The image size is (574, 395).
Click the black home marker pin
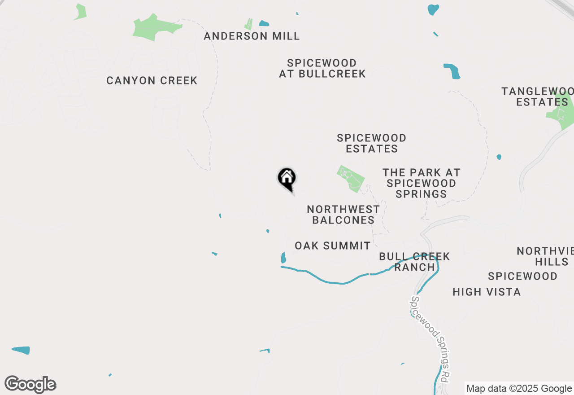click(287, 179)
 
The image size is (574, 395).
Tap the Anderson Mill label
click(252, 36)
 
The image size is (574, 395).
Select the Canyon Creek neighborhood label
click(152, 81)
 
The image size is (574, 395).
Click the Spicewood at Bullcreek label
click(322, 68)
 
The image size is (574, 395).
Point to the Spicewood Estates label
click(372, 143)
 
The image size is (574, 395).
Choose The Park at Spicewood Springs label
click(421, 183)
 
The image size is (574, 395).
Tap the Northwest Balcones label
click(344, 215)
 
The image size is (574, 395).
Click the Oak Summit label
click(333, 246)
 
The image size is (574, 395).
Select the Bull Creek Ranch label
click(414, 262)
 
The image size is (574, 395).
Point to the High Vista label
click(487, 292)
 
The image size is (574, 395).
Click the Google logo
click(30, 385)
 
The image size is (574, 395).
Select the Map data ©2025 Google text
click(519, 389)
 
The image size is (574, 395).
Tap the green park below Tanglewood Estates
click(561, 110)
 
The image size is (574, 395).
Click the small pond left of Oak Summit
click(283, 258)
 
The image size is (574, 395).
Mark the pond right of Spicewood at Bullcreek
click(452, 71)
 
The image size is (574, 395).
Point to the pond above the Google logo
click(21, 350)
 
